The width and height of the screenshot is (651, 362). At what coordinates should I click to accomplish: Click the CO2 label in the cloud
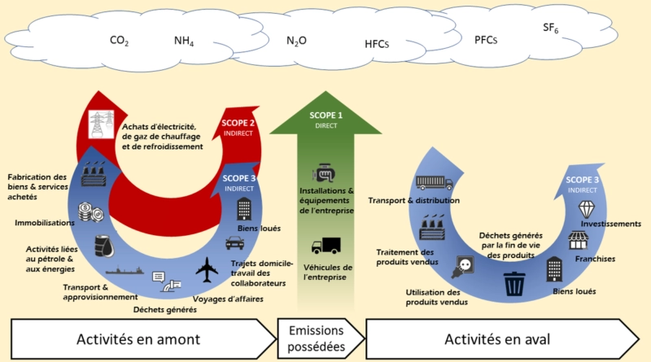[120, 40]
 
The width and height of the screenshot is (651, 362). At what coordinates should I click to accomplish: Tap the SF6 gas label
[551, 29]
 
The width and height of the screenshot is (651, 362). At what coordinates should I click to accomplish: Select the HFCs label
[378, 46]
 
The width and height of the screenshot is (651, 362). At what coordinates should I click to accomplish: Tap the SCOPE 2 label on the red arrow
[237, 126]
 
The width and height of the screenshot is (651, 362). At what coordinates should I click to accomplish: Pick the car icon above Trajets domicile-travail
[234, 243]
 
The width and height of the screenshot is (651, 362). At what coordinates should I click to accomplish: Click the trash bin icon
[514, 284]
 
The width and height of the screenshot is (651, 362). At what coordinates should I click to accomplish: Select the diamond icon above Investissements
[587, 209]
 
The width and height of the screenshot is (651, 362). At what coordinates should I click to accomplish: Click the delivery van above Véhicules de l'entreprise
[325, 245]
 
